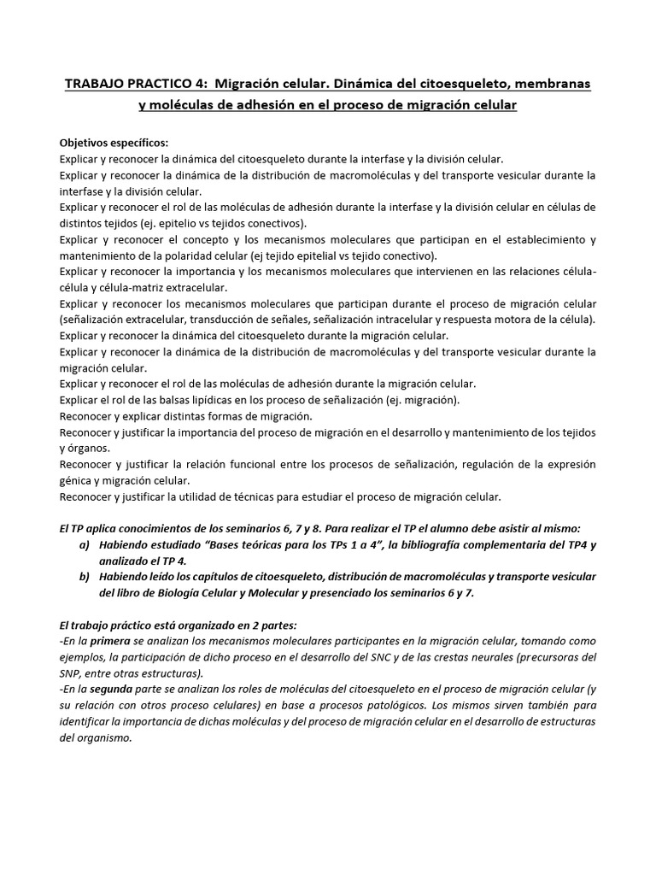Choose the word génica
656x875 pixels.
pyautogui.click(x=75, y=480)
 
